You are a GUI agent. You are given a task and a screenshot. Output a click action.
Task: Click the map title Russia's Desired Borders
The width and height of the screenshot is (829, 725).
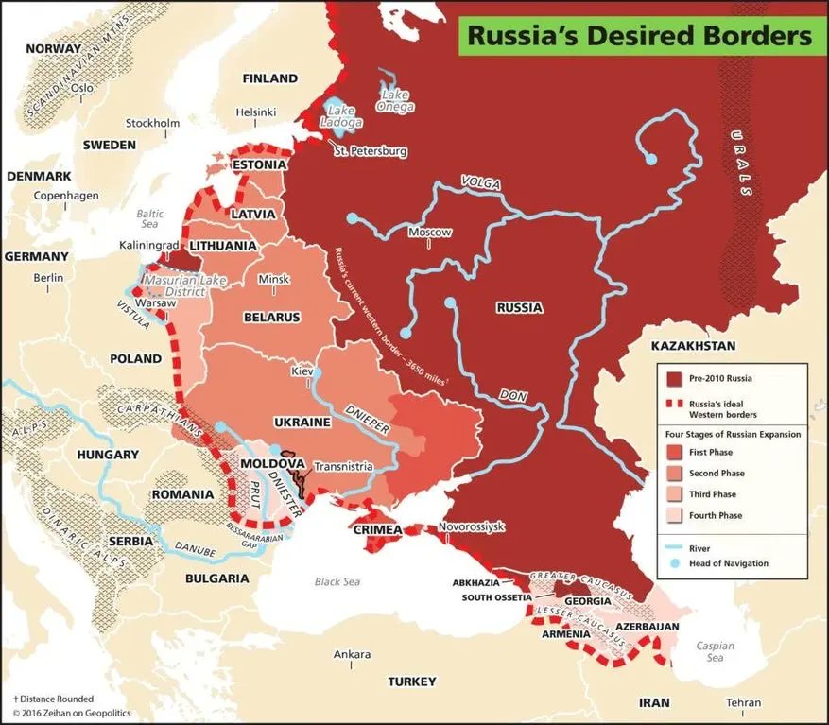pos(640,35)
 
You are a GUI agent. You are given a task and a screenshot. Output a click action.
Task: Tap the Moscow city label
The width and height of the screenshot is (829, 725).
pos(429,233)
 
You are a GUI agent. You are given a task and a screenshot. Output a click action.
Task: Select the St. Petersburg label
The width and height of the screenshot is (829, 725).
pos(370,151)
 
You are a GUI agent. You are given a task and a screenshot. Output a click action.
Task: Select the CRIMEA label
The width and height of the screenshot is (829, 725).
pos(378,529)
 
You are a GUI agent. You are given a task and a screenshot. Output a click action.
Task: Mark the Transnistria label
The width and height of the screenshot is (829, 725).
pos(344,466)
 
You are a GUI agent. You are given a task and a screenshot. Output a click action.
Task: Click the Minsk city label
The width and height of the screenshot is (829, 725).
pos(273,280)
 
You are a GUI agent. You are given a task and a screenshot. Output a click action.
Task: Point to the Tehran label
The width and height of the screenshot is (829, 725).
pos(742,702)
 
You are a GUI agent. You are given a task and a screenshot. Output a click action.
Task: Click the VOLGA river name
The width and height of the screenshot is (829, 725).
pos(479,181)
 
